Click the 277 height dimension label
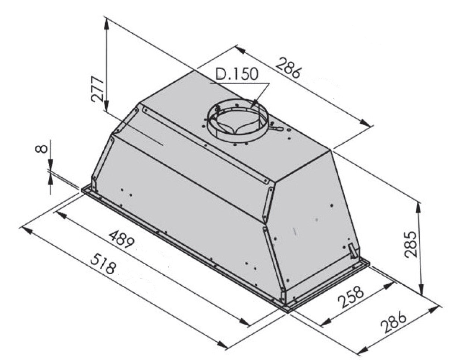[x=97, y=89]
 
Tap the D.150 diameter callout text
[x=237, y=74]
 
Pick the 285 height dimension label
[x=410, y=244]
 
